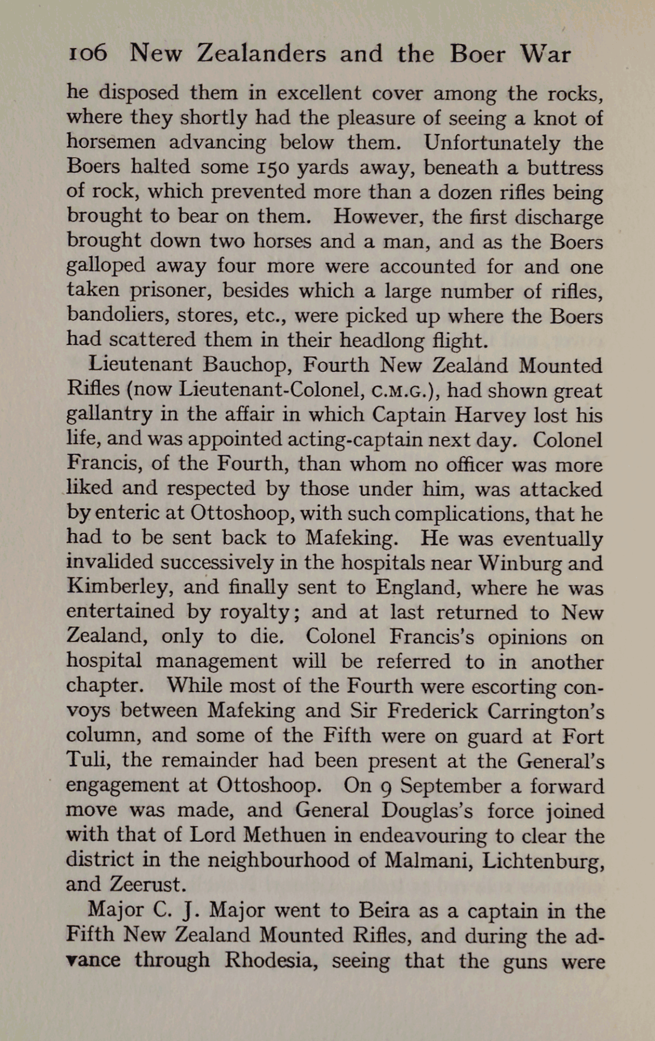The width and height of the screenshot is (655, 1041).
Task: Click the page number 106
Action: coord(88,55)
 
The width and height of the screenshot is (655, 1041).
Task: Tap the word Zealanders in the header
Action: coord(261,55)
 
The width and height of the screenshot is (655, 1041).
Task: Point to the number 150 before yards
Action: coord(272,167)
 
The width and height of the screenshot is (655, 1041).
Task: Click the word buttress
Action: coord(564,167)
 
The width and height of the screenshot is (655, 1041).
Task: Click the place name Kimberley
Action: coord(119,587)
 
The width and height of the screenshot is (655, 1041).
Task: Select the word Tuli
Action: coord(88,761)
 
